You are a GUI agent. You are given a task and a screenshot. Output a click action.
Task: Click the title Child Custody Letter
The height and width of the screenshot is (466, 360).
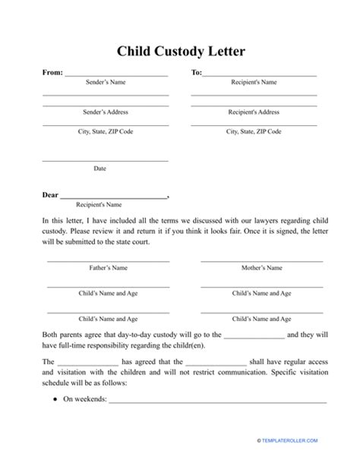[180, 52]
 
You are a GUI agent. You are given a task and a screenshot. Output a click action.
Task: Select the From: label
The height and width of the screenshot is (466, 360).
[52, 74]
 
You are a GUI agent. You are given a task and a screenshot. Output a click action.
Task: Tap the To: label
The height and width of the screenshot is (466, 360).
[196, 74]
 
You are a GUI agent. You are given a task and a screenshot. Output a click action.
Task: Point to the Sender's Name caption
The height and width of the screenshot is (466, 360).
[105, 82]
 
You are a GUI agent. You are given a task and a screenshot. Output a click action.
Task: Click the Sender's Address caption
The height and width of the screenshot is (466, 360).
[105, 112]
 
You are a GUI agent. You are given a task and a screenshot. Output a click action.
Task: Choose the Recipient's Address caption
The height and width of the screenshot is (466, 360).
[254, 112]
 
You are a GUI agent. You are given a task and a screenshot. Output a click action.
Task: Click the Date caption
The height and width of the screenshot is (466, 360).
[99, 168]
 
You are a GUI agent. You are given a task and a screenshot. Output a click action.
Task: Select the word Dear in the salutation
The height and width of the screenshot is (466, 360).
[50, 195]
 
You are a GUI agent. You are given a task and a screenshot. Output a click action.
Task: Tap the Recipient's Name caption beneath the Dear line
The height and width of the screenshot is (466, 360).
[99, 204]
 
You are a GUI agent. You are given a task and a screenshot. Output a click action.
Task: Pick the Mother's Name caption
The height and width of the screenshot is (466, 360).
[261, 268]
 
